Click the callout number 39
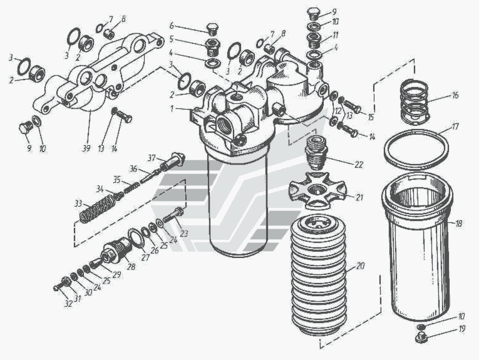86,148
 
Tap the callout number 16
455,95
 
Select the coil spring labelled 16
415,102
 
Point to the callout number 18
458,224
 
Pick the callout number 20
360,266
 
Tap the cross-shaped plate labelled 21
317,190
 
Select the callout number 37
152,158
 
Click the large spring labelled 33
96,208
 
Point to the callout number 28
131,267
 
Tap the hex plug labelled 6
213,29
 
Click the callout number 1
172,108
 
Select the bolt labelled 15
353,106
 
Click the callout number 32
68,303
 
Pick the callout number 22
359,165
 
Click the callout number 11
335,35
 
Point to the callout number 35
117,180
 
